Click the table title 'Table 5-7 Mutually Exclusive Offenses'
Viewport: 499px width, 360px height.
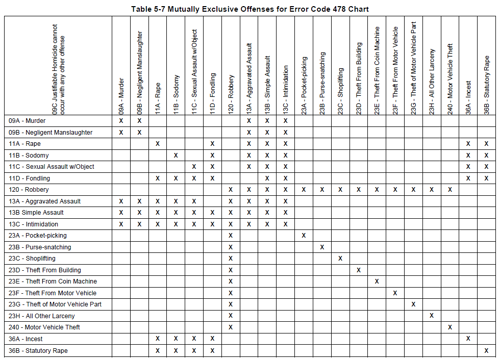(249, 9)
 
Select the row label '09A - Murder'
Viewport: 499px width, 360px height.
(27, 121)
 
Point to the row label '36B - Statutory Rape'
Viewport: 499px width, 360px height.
(38, 351)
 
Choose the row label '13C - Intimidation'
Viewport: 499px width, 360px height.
(34, 224)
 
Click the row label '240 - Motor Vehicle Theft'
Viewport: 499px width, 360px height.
(44, 327)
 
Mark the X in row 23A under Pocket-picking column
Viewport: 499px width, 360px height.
(304, 236)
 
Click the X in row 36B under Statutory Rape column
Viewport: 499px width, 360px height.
(486, 351)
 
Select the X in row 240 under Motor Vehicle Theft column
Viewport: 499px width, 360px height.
(450, 327)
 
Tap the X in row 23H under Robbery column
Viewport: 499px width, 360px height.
(231, 316)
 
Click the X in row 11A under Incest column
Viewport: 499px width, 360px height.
(468, 144)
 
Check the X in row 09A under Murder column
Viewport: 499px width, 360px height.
(121, 121)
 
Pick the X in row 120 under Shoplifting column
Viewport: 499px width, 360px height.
(340, 190)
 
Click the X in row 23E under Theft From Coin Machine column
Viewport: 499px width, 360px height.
(377, 281)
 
